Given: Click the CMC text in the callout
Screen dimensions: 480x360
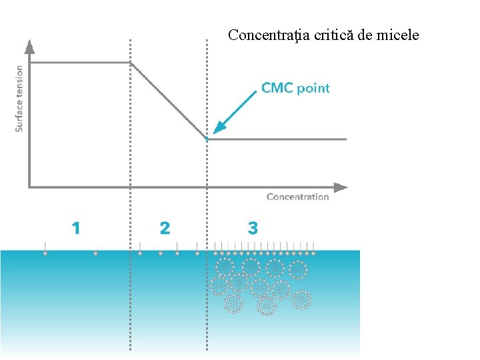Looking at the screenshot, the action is (x=277, y=88).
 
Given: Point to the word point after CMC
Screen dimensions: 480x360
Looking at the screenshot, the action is (x=313, y=89).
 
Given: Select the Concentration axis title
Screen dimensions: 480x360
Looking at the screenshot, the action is (x=297, y=197).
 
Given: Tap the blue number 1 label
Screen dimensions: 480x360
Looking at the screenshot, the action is (x=76, y=229).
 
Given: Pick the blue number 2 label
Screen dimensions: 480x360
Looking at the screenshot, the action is (x=165, y=229).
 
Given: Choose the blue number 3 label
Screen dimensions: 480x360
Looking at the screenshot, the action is (x=253, y=229).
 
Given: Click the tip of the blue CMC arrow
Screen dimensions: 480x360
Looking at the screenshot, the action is (x=215, y=131).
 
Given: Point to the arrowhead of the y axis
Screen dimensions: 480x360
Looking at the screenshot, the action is (x=29, y=46).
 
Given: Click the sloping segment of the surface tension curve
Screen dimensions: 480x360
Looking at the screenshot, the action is (x=168, y=101).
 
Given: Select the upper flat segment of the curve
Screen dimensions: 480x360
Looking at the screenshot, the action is (x=80, y=63).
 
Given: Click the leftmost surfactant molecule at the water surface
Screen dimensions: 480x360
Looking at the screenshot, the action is (x=45, y=253).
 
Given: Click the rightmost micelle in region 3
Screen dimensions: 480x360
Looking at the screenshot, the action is (x=301, y=299).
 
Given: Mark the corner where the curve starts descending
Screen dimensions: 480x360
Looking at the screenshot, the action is (x=131, y=63).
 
